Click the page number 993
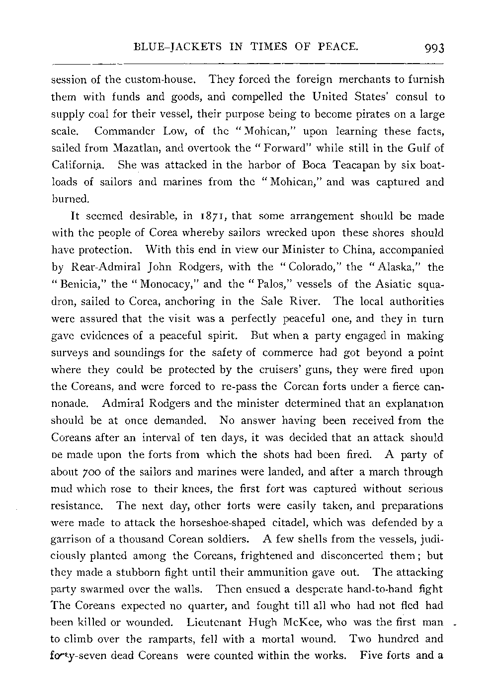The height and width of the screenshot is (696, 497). click(x=433, y=49)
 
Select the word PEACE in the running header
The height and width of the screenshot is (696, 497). click(x=339, y=48)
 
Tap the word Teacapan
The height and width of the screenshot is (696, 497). click(x=344, y=165)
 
